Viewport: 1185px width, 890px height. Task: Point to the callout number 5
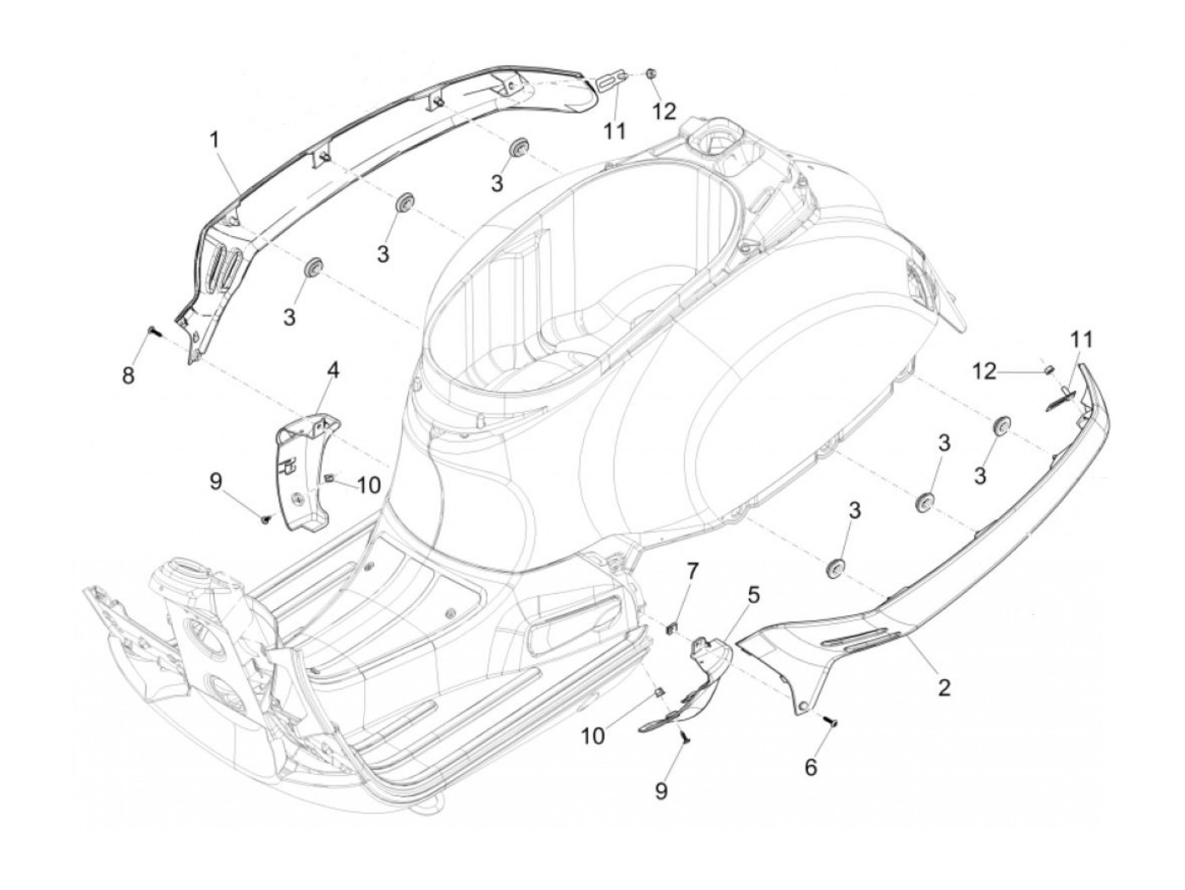(752, 596)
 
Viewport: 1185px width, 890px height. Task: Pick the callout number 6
(810, 767)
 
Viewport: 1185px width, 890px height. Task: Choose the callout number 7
(692, 571)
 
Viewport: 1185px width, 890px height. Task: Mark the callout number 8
(128, 375)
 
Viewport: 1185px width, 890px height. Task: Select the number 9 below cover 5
(661, 790)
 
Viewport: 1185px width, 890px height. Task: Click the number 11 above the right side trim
(1081, 340)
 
